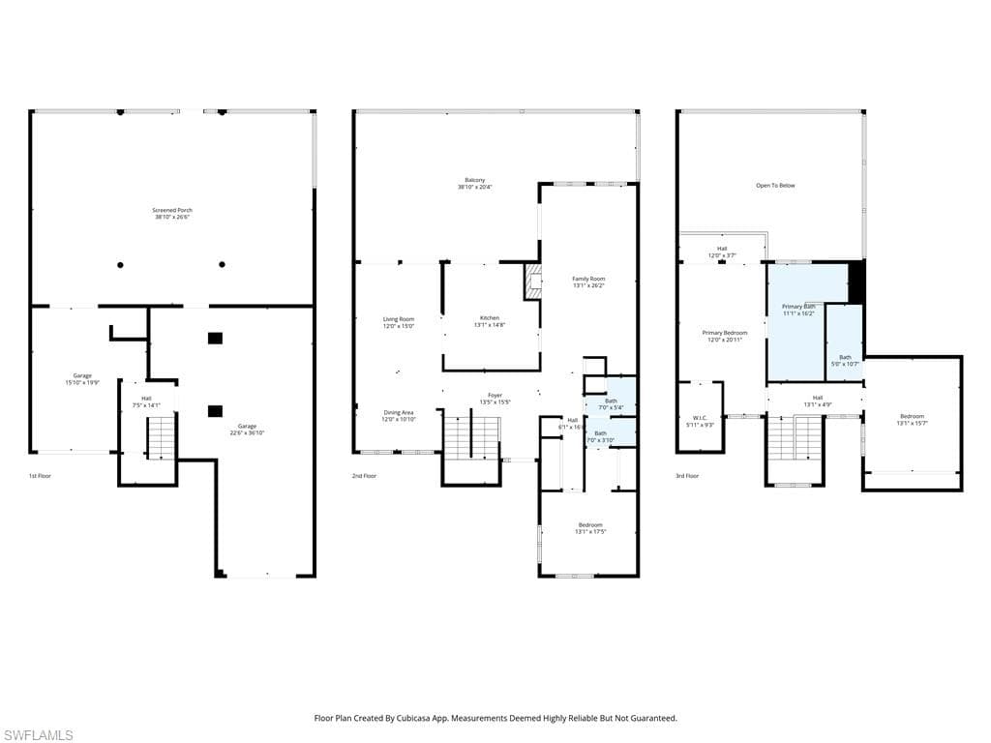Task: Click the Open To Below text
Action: [775, 185]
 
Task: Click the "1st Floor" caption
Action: [41, 476]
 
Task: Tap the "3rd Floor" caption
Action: [685, 476]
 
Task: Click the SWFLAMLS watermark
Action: [38, 735]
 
